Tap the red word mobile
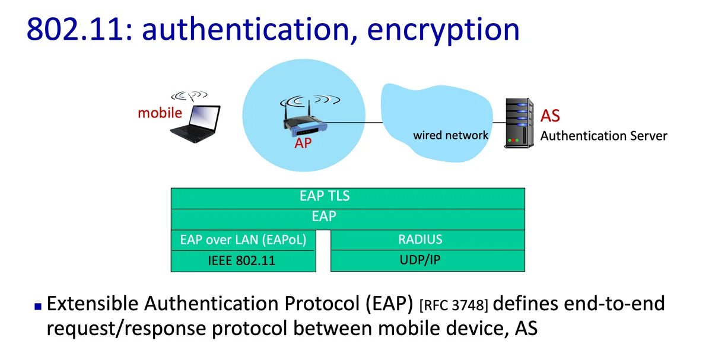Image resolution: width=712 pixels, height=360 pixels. point(160,113)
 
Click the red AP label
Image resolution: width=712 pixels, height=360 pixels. point(303,144)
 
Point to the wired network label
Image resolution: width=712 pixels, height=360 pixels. point(450,135)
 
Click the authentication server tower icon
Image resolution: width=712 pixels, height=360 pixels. point(519,123)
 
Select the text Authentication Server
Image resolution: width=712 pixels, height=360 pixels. point(603,136)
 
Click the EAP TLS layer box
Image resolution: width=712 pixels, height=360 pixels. point(348,199)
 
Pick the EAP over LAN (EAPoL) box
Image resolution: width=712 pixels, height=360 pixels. point(243,240)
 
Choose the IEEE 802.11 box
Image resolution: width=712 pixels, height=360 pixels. point(243,261)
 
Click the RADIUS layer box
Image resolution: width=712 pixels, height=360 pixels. point(428,240)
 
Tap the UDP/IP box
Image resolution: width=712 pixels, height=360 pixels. point(428,260)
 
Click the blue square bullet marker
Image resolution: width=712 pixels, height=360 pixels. point(38,306)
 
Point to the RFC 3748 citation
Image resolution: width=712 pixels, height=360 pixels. point(453,305)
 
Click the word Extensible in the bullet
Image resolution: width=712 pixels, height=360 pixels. point(93,304)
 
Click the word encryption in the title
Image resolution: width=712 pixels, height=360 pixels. point(443,31)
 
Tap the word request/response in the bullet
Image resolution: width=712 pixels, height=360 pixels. point(126,329)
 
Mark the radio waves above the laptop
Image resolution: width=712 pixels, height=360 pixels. point(189,95)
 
